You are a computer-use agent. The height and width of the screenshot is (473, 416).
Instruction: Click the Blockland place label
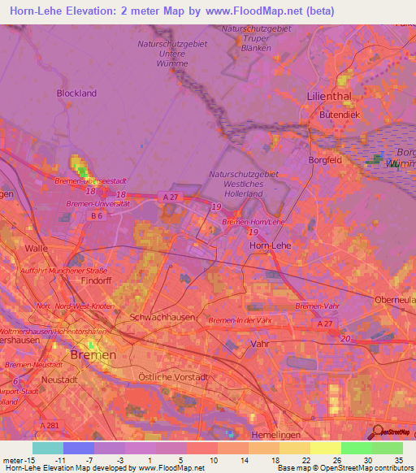click(76, 93)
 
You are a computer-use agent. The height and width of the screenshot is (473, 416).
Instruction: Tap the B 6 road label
click(97, 215)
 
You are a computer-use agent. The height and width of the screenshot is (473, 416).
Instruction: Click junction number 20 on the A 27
click(347, 338)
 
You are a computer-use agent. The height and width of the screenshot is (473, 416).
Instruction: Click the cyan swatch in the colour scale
click(47, 448)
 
